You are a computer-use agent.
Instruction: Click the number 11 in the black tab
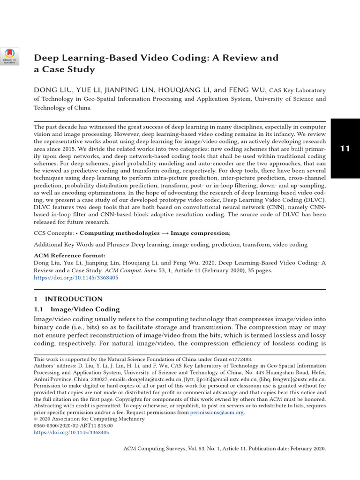(x=345, y=149)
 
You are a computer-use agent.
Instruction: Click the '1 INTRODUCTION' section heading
(x=68, y=299)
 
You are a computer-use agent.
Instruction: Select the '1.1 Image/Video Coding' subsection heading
(x=76, y=309)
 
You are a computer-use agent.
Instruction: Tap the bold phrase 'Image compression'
(x=200, y=232)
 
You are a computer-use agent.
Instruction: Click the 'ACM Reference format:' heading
(x=69, y=256)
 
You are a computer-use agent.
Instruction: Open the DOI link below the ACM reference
(x=76, y=277)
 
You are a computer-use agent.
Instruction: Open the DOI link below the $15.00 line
(x=71, y=433)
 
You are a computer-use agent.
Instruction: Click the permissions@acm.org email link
(x=217, y=412)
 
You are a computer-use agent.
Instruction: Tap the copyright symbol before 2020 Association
(x=36, y=419)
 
